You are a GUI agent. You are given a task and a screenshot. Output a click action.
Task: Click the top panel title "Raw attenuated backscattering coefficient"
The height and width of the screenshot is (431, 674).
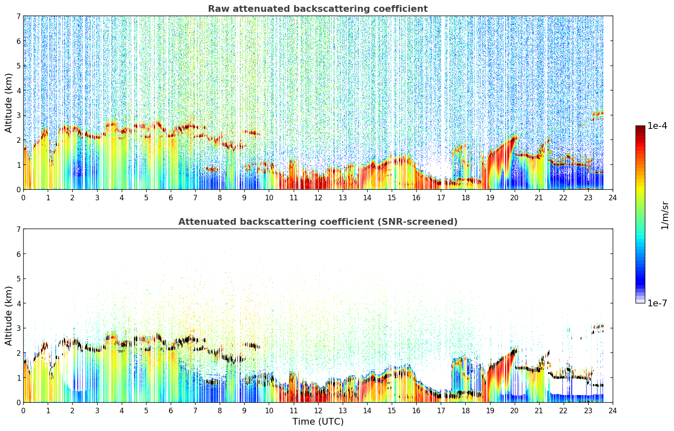(318, 9)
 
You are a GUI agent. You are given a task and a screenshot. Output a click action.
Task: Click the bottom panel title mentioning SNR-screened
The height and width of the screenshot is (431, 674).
(318, 221)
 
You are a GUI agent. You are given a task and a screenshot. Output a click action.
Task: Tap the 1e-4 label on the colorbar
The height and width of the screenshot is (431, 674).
(657, 126)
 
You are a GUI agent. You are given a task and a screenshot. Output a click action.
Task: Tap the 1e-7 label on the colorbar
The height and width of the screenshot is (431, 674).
(657, 303)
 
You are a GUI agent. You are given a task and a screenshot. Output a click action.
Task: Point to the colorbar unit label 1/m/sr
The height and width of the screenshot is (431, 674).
(665, 215)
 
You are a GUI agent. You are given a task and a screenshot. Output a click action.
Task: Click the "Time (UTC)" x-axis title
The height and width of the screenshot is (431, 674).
(318, 421)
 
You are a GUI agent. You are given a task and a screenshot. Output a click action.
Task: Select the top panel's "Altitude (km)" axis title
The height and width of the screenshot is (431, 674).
(8, 103)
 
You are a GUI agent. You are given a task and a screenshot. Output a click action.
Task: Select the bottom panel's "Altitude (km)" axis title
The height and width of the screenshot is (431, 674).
(8, 316)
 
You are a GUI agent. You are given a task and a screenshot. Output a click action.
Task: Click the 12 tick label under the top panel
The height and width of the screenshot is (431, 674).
(318, 198)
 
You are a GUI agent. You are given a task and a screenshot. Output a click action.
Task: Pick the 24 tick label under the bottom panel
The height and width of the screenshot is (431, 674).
(613, 411)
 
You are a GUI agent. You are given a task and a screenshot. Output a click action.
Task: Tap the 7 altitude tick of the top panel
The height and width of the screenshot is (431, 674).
(18, 16)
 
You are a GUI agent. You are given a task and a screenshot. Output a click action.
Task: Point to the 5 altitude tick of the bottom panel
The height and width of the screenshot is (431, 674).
(18, 279)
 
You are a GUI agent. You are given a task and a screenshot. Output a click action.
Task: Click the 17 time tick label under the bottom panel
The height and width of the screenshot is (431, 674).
(441, 411)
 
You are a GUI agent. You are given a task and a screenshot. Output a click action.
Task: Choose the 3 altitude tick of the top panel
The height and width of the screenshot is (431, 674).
(18, 115)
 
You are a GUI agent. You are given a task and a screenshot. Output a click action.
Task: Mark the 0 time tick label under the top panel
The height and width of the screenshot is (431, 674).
(24, 198)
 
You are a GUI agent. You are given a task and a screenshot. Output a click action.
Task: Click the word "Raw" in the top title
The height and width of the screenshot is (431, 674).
(218, 9)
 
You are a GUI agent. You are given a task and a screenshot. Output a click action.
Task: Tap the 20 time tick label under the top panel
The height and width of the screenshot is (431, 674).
(515, 198)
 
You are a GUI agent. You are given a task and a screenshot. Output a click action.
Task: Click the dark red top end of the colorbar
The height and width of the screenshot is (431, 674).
(640, 127)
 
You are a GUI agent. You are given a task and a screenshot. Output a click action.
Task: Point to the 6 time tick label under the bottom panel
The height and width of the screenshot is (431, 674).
(171, 411)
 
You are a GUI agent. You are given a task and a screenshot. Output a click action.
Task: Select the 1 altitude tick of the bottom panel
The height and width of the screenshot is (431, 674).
(18, 378)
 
